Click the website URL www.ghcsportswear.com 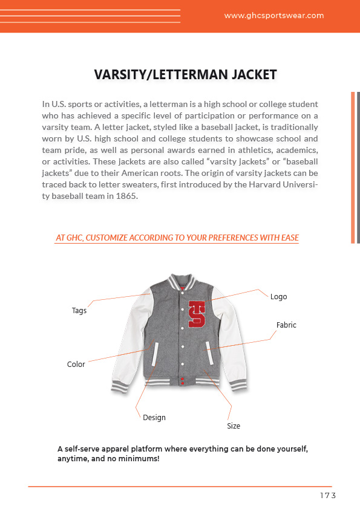pyautogui.click(x=274, y=16)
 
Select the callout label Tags pyautogui.click(x=79, y=311)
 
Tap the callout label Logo pyautogui.click(x=278, y=297)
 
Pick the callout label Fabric pyautogui.click(x=286, y=325)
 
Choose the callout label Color pyautogui.click(x=76, y=365)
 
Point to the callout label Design pyautogui.click(x=154, y=418)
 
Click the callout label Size pyautogui.click(x=234, y=426)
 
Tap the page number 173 pyautogui.click(x=327, y=496)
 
